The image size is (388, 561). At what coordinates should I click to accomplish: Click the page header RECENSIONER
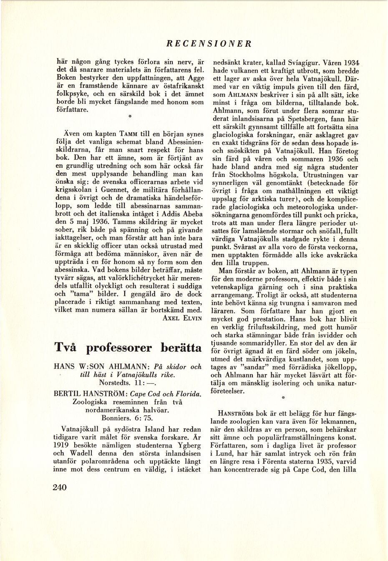[209, 43]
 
